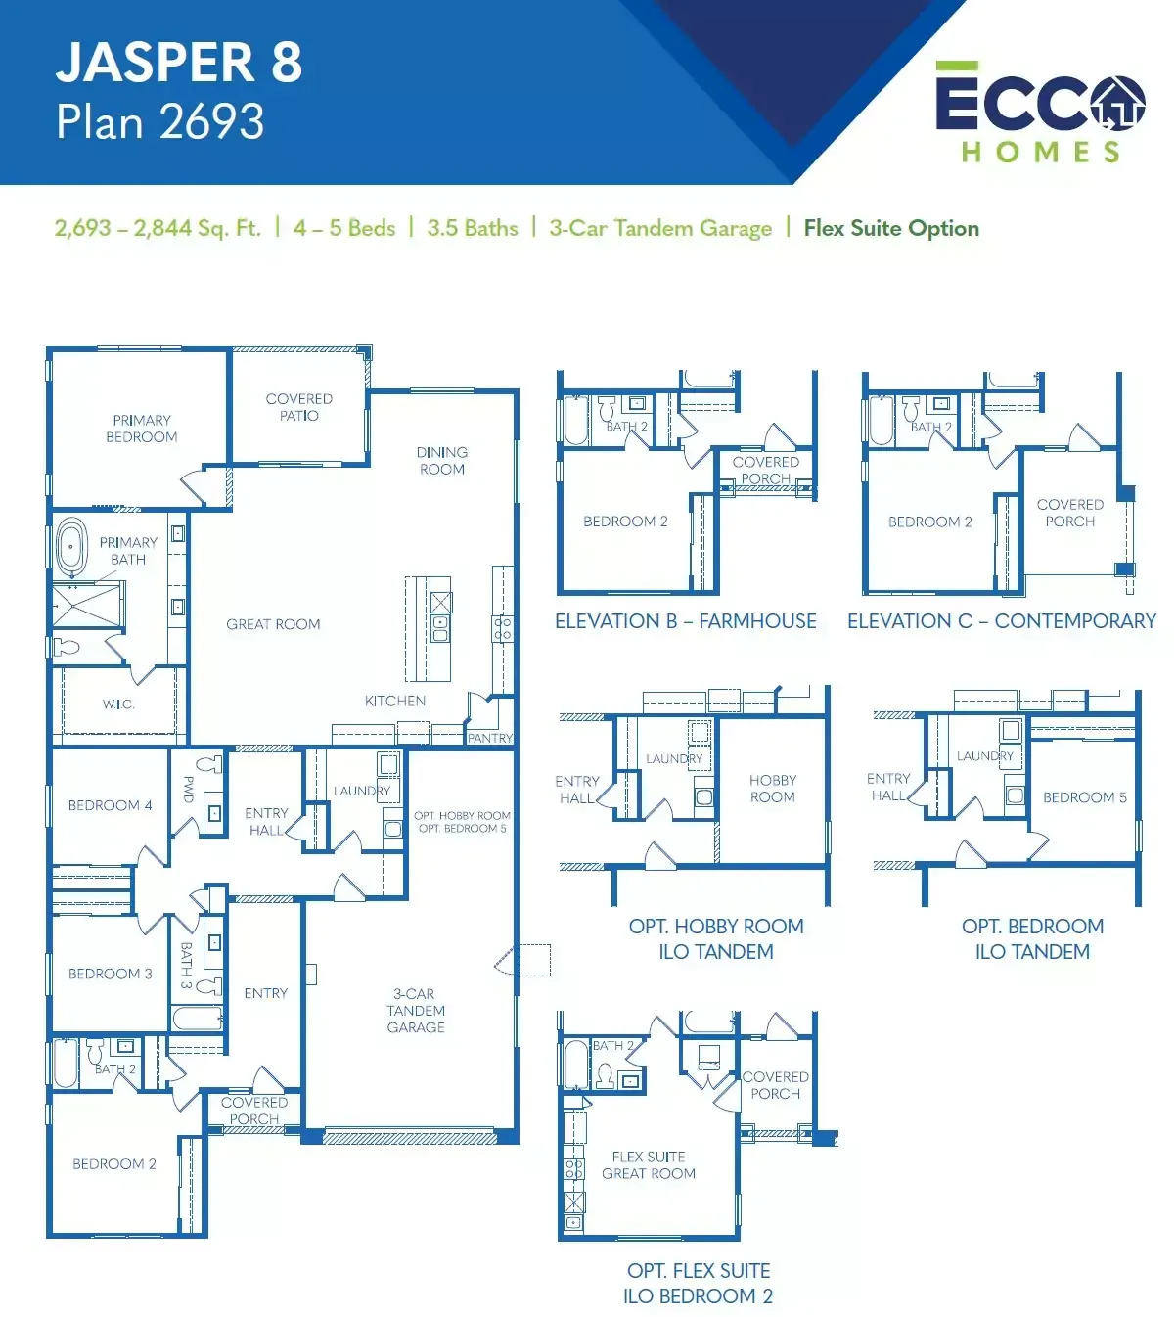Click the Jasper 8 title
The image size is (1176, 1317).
point(179,63)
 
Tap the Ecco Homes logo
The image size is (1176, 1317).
point(1039,112)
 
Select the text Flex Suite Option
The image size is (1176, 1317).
point(891,228)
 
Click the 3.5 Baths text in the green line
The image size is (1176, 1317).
point(473,228)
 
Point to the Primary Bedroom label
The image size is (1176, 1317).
point(142,429)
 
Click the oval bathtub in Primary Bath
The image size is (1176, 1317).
point(71,546)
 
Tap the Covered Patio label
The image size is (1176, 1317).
point(299,407)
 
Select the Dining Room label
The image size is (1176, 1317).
point(442,460)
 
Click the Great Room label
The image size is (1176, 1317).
point(273,624)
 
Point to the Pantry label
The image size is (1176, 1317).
point(490,738)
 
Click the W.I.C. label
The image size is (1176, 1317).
point(118,704)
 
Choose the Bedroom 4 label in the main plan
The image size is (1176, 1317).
point(110,805)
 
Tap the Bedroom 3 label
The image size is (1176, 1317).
point(110,974)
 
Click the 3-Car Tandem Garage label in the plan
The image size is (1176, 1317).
point(416,1010)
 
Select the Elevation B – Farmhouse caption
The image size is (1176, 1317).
point(685,620)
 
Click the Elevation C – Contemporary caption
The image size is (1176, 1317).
point(1002,620)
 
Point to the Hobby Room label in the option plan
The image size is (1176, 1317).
point(772,789)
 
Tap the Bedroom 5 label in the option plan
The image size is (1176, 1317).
point(1085,797)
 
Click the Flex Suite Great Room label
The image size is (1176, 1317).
point(648,1165)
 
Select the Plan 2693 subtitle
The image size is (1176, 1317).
point(159,121)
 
